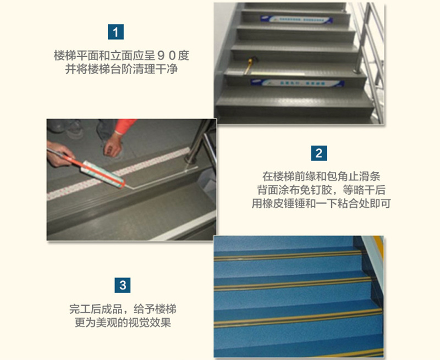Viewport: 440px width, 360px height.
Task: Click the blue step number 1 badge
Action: pyautogui.click(x=116, y=32)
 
